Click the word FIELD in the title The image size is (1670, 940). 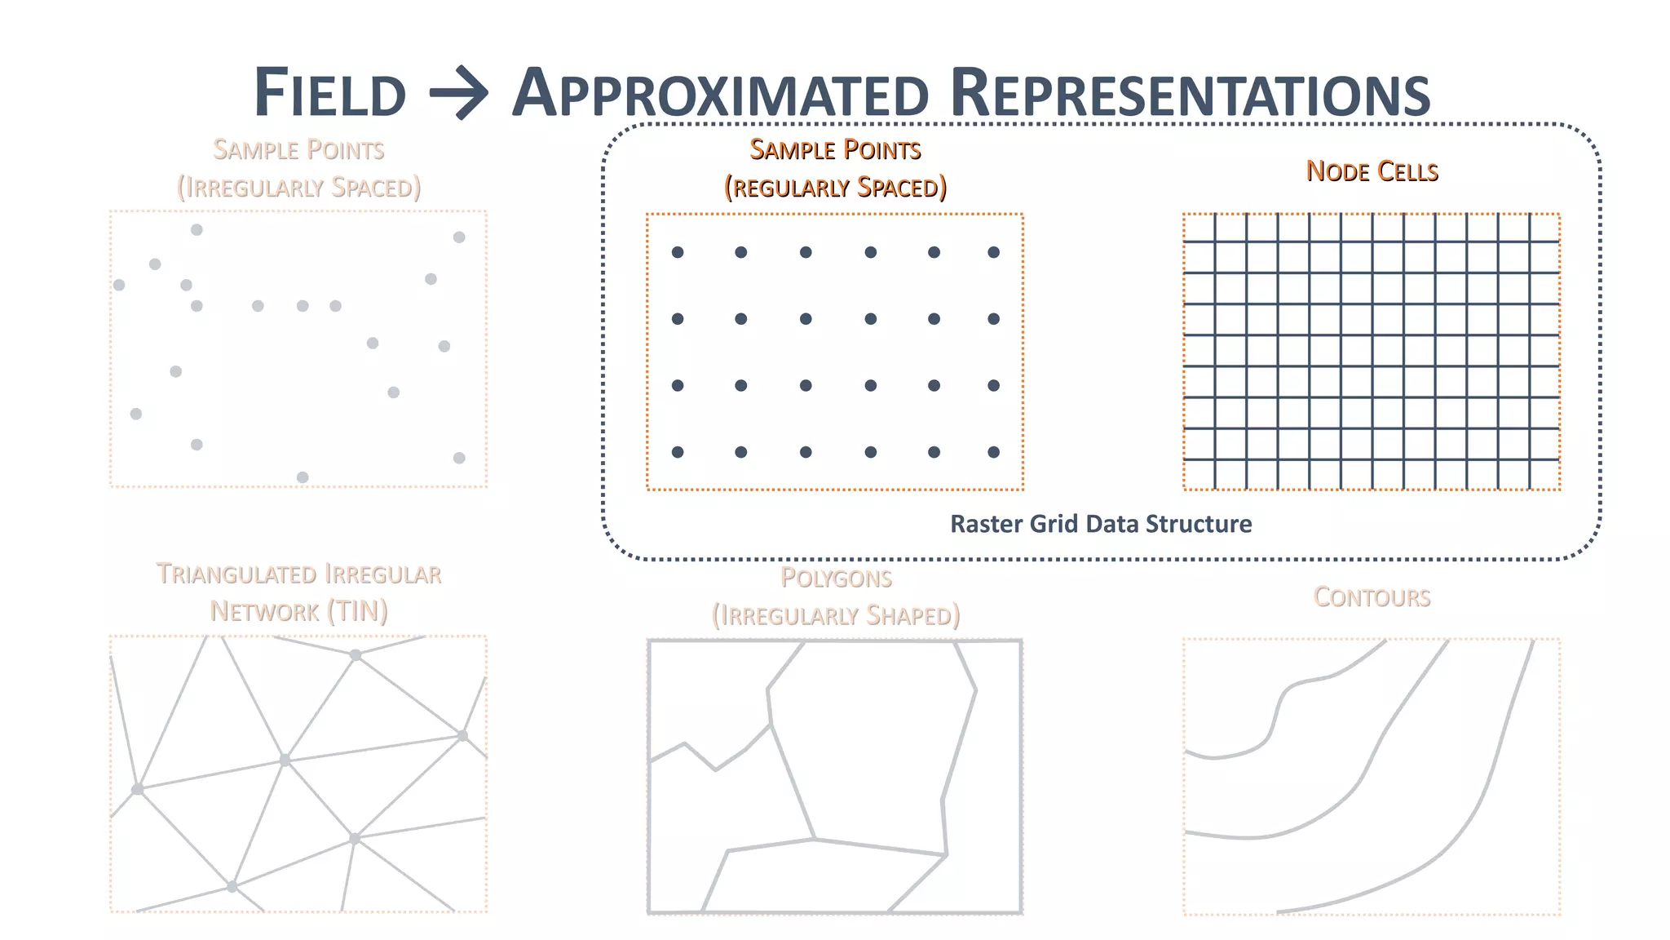coord(330,93)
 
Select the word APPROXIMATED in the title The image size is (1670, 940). coord(720,93)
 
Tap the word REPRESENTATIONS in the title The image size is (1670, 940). coord(1190,93)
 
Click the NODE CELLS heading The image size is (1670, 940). coord(1372,171)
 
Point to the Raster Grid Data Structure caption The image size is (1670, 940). coord(1101,524)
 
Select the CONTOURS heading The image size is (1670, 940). coord(1372,597)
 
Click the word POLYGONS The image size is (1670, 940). coord(836,579)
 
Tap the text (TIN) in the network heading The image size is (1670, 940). coord(356,611)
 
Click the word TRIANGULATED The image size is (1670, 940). coord(238,574)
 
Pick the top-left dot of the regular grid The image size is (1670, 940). coord(678,252)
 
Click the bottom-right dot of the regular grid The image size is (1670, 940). coord(993,452)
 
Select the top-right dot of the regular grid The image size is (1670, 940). coord(993,252)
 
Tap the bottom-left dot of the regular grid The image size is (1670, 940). coord(678,452)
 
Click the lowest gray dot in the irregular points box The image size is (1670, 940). coord(303,477)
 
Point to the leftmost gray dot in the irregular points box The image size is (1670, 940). coord(119,285)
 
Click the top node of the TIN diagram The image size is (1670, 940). coord(356,654)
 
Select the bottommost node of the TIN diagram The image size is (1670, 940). coord(232,886)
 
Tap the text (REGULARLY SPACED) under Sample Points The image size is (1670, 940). coord(835,188)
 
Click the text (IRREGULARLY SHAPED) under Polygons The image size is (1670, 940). coord(836,615)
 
